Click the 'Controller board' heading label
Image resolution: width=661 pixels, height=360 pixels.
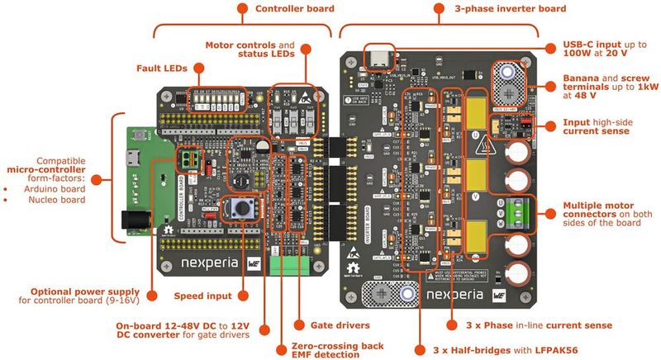click(x=294, y=8)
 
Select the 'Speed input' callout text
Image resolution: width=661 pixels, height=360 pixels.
click(x=201, y=296)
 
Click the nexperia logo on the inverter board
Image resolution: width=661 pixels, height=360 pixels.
click(x=459, y=294)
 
